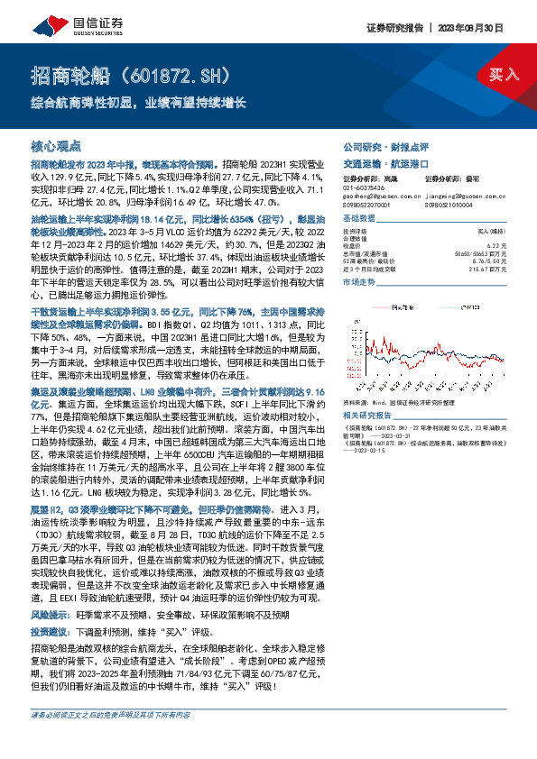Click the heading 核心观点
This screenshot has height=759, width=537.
56,145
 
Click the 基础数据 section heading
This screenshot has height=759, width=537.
358,221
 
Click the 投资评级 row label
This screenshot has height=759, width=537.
355,233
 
